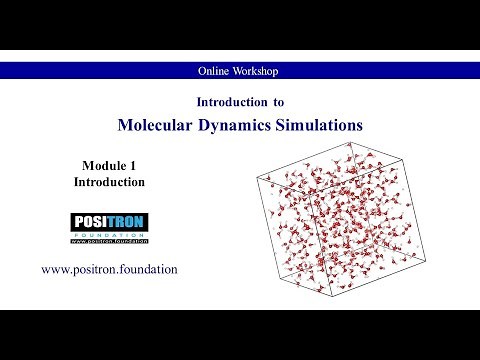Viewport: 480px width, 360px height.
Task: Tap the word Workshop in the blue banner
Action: click(x=256, y=71)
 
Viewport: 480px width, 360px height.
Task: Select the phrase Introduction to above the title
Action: click(x=239, y=102)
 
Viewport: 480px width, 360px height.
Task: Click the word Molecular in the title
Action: click(x=162, y=126)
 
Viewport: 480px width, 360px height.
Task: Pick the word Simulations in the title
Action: click(x=320, y=126)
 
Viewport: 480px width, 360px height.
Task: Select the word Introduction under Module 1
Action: click(x=109, y=182)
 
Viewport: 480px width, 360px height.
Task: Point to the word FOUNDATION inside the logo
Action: click(x=109, y=235)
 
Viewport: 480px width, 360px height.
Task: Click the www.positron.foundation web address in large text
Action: click(x=109, y=269)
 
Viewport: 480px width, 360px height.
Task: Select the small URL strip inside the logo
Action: click(x=109, y=242)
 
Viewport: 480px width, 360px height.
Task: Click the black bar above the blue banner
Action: click(x=240, y=25)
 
